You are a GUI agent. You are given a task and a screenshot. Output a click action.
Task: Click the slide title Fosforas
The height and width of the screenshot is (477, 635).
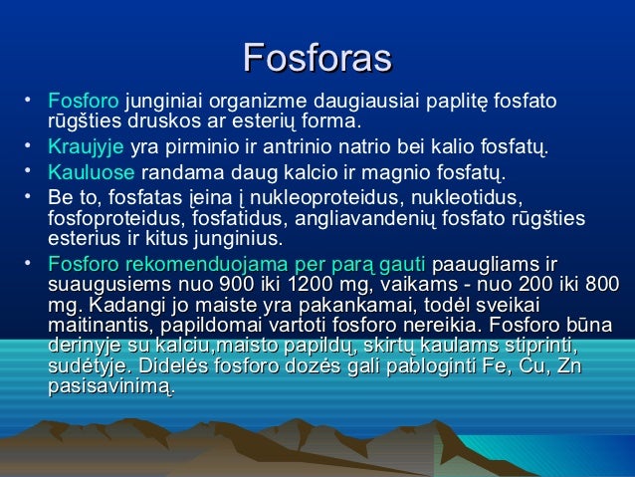317,58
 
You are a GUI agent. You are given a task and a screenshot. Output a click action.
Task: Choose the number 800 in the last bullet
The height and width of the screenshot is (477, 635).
597,284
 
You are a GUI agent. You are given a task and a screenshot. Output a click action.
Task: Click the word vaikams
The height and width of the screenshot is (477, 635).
402,284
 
